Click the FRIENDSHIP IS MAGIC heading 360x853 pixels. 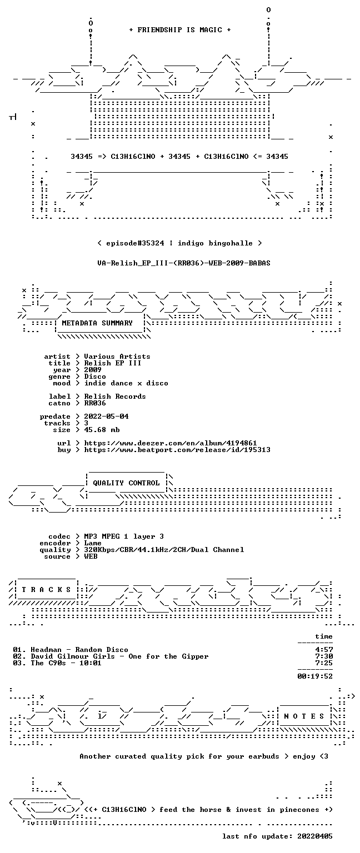(x=180, y=29)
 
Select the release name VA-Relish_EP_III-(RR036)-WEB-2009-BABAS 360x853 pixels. (x=184, y=263)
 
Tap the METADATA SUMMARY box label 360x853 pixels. (x=97, y=323)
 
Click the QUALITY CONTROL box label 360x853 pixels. (x=126, y=483)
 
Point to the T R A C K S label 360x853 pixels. (x=47, y=589)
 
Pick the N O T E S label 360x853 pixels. (x=304, y=716)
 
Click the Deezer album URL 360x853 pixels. (x=171, y=443)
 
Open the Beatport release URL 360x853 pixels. (x=177, y=450)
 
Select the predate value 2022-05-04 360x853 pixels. (x=106, y=417)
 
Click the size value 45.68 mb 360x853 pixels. (x=102, y=430)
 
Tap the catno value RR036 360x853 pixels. (x=95, y=403)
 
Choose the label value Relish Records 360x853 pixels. (x=115, y=397)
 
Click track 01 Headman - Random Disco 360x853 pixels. (x=71, y=650)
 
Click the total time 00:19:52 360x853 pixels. (x=315, y=676)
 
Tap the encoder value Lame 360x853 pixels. (x=93, y=543)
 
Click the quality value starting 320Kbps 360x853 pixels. (x=164, y=550)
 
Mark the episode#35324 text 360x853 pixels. (x=135, y=243)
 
